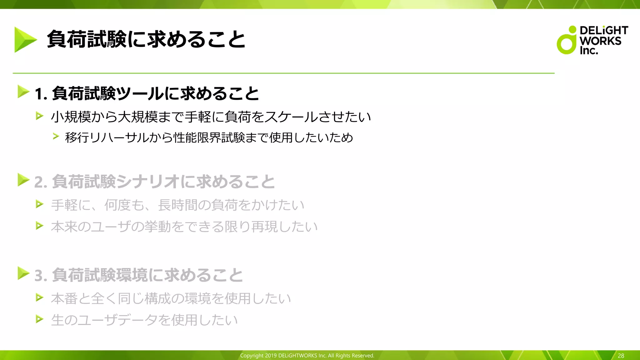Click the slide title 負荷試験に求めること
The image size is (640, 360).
coord(146,40)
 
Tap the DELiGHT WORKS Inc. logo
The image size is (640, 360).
coord(592,40)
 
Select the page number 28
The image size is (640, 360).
coord(621,356)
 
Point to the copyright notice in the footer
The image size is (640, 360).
coord(307,356)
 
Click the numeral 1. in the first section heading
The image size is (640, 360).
coord(41,94)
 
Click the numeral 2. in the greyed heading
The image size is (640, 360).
coord(41,182)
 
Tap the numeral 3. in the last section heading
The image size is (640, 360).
coord(41,276)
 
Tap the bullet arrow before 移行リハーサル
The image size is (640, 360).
coord(56,136)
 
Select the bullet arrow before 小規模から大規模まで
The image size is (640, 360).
coord(39,116)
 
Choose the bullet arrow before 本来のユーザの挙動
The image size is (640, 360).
coord(39,225)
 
